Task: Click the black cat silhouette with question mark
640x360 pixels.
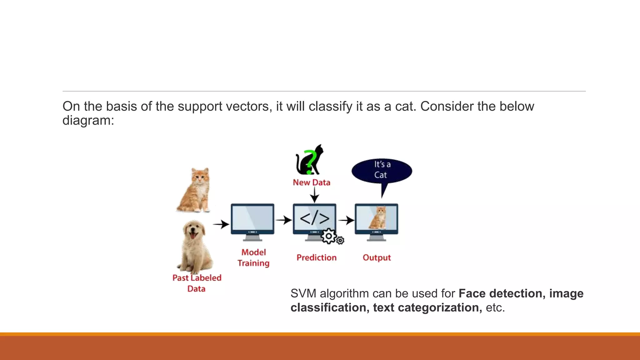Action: (x=309, y=160)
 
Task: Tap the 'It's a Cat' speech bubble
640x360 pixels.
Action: (x=382, y=170)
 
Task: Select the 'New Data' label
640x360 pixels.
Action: (x=311, y=182)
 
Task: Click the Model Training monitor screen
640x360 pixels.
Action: (x=252, y=218)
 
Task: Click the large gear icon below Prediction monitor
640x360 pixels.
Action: (x=328, y=237)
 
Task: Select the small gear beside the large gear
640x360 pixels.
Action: (x=340, y=240)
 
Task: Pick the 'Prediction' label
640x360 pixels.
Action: (x=316, y=258)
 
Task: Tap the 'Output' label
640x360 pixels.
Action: (x=377, y=258)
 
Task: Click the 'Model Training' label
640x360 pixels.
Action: (x=253, y=258)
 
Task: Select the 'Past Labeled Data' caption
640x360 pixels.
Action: (x=197, y=283)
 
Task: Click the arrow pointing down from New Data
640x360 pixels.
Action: (x=314, y=195)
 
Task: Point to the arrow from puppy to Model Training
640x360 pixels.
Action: (x=221, y=224)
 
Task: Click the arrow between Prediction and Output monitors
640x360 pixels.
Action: (x=346, y=220)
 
